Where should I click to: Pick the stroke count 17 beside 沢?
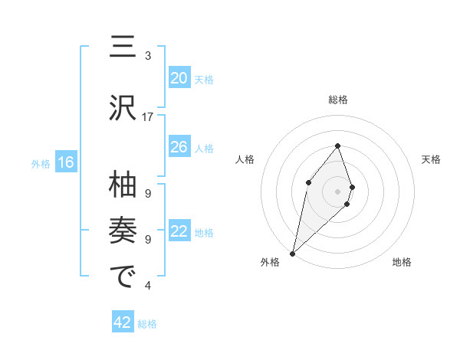(x=148, y=117)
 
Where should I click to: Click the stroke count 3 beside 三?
(x=148, y=56)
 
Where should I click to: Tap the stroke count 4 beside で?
(x=148, y=286)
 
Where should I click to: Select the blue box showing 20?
(x=179, y=78)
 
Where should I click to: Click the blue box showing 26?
(x=179, y=147)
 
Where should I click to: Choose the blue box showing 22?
(x=179, y=232)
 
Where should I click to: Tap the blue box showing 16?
(x=65, y=162)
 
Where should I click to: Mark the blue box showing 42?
(x=123, y=323)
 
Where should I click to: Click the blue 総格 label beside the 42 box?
(x=147, y=324)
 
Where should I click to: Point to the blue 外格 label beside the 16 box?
(x=40, y=163)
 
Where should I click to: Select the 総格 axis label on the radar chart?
(x=337, y=100)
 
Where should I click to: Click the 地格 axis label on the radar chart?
(x=402, y=262)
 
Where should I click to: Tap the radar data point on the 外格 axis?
(x=292, y=253)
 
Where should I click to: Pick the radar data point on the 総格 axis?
(x=337, y=146)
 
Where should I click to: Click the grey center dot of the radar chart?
(x=337, y=191)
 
